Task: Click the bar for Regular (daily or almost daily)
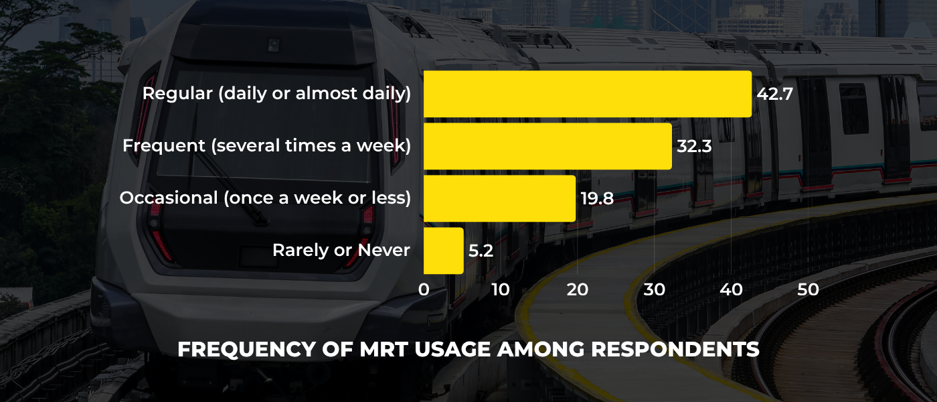tap(587, 94)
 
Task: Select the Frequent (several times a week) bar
tap(547, 146)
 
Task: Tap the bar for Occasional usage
tap(499, 198)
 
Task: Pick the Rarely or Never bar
tap(443, 251)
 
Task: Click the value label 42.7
tap(774, 94)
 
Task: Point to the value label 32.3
tap(694, 146)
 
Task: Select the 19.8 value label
tap(598, 198)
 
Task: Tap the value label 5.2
tap(481, 251)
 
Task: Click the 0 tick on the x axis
tap(424, 289)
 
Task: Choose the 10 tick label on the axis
tap(500, 289)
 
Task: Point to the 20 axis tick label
tap(577, 289)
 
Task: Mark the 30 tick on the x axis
tap(655, 289)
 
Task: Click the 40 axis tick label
tap(732, 289)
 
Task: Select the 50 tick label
tap(808, 289)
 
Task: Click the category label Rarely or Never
tap(341, 251)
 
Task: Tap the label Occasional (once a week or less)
tap(265, 198)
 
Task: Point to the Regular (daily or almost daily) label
tap(276, 94)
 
